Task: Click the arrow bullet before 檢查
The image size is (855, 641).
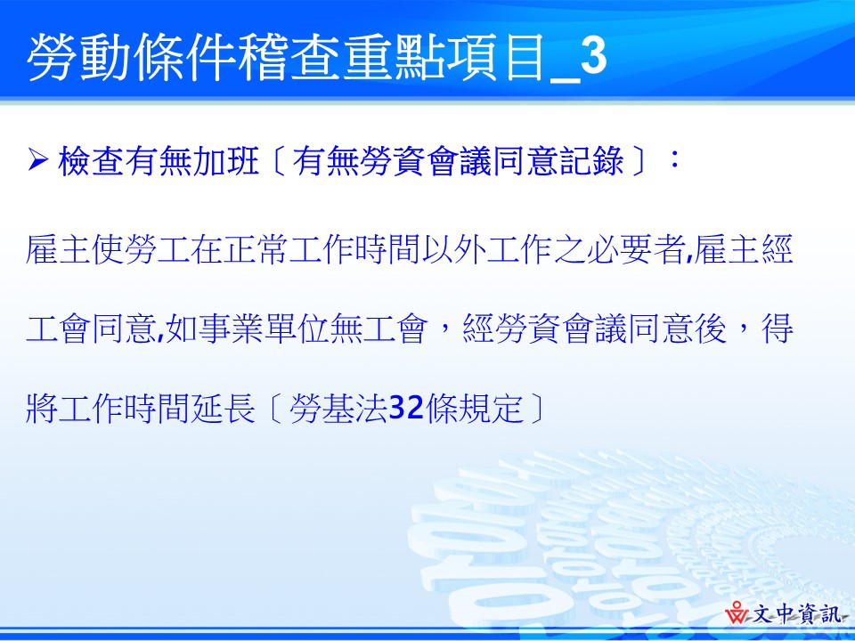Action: point(38,162)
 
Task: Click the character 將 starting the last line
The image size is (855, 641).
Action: point(43,409)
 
